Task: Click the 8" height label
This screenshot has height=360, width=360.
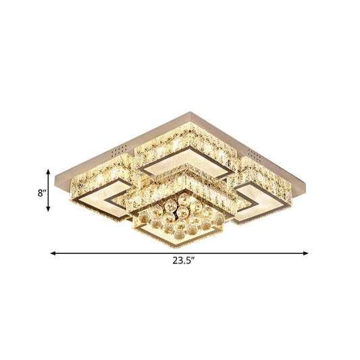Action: point(42,192)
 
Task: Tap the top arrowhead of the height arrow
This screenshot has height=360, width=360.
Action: point(49,170)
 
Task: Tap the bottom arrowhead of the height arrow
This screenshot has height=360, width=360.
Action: point(49,211)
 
